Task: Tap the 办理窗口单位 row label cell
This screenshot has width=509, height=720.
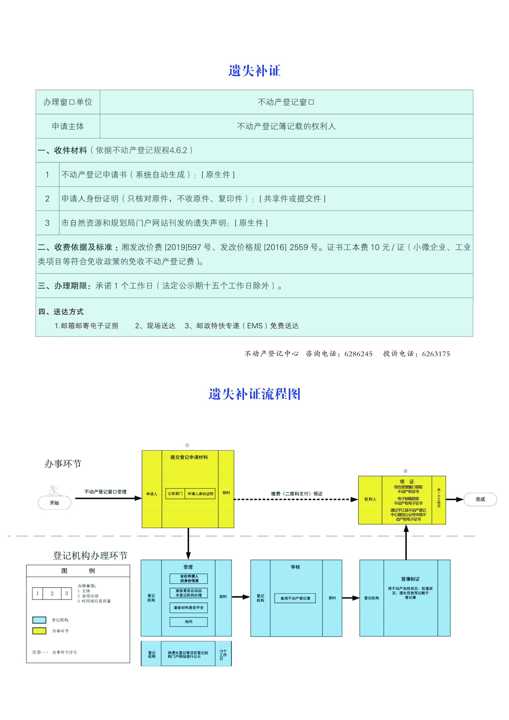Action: point(68,102)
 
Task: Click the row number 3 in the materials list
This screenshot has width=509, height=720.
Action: point(47,223)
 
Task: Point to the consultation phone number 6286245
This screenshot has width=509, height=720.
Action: point(358,354)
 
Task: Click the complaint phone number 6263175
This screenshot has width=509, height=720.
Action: point(436,354)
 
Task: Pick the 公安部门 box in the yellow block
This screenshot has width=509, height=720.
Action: point(175,494)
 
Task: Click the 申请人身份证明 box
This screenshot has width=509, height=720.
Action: point(200,494)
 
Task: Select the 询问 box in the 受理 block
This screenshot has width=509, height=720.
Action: point(188,621)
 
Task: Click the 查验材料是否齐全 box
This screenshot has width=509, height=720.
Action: point(188,608)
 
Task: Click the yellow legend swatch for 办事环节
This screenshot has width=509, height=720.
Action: point(39,631)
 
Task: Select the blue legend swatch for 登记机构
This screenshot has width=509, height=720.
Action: point(39,620)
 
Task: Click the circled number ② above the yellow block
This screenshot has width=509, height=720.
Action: point(405,471)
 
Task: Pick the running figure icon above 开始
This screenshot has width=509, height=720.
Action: point(54,489)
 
